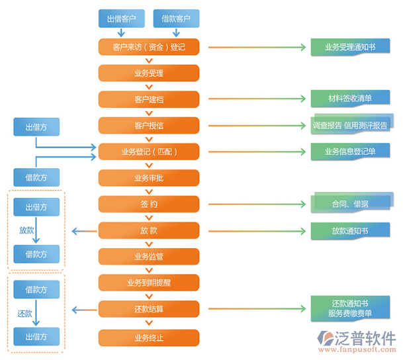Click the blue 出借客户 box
point(121,19)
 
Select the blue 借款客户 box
point(175,19)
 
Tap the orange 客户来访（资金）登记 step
point(149,47)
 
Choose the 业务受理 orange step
point(149,73)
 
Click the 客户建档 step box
point(149,99)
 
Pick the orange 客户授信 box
point(149,125)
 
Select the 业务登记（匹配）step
point(149,152)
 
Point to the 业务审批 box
point(149,178)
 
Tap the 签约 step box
point(149,204)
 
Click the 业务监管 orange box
point(149,256)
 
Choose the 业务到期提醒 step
point(149,283)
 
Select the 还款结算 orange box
point(149,308)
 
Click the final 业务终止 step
point(149,337)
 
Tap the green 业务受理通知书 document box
point(350,47)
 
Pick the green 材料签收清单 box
point(350,99)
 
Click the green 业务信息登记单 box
point(350,152)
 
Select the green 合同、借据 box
point(350,203)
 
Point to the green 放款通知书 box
point(350,230)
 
